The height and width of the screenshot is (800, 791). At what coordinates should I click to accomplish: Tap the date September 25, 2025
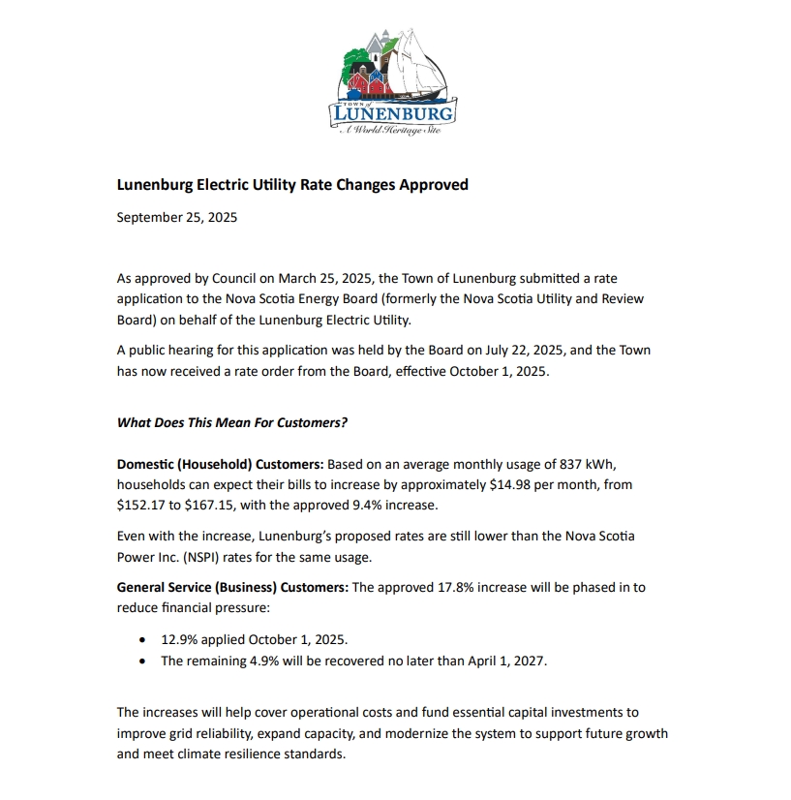(176, 217)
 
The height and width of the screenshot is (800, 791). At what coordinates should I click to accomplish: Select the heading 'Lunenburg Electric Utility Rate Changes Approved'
(292, 184)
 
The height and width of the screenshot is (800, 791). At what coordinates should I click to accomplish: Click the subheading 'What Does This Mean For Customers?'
(231, 422)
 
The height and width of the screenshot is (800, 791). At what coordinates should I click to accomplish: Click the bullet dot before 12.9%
(143, 640)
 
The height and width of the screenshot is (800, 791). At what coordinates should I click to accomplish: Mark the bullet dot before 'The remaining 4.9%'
(143, 661)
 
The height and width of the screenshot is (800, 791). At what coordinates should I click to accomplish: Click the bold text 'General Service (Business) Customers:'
(232, 587)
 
